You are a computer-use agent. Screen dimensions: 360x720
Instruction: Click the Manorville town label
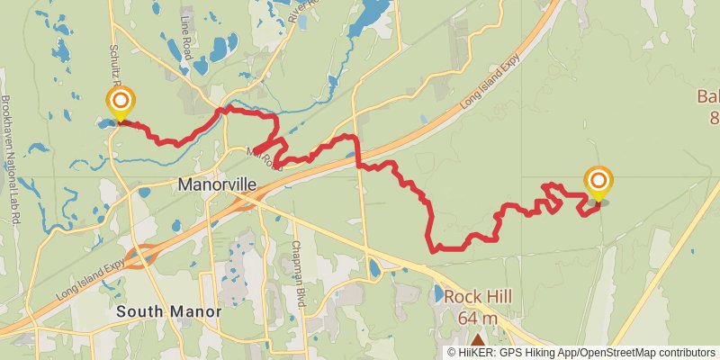click(x=217, y=184)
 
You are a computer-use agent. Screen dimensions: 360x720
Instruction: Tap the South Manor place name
click(x=169, y=311)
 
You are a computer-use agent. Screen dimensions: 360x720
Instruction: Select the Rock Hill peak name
click(x=477, y=296)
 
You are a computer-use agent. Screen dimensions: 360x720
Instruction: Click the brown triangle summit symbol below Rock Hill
click(x=477, y=340)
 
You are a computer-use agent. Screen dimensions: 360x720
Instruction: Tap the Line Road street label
click(x=186, y=44)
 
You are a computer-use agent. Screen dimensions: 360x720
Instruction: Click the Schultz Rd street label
click(x=115, y=64)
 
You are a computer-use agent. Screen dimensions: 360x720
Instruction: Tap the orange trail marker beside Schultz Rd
click(x=120, y=101)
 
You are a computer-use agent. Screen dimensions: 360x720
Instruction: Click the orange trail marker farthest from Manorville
click(x=598, y=182)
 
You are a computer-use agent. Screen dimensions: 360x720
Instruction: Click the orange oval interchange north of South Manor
click(x=139, y=256)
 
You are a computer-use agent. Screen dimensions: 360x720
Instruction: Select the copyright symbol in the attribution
click(x=453, y=352)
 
